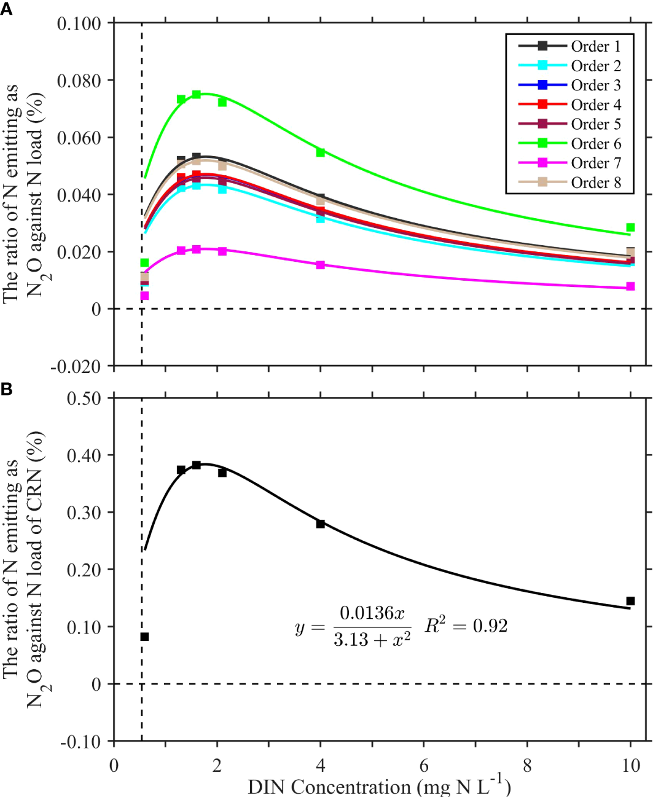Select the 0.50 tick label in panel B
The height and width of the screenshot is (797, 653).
pyautogui.click(x=84, y=398)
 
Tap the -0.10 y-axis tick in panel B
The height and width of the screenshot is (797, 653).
pyautogui.click(x=81, y=742)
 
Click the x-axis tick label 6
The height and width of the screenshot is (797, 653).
pyautogui.click(x=424, y=766)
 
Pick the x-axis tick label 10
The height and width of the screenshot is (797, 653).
pyautogui.click(x=630, y=766)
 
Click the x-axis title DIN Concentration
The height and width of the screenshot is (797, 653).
pyautogui.click(x=379, y=787)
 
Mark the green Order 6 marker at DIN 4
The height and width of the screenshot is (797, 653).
pyautogui.click(x=321, y=152)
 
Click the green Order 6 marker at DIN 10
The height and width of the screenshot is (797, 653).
pyautogui.click(x=630, y=227)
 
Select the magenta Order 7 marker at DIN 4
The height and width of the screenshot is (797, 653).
pyautogui.click(x=321, y=265)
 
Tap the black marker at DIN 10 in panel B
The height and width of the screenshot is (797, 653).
pyautogui.click(x=630, y=601)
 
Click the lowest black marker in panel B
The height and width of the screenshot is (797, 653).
pyautogui.click(x=144, y=637)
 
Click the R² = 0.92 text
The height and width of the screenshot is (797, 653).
pyautogui.click(x=466, y=626)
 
